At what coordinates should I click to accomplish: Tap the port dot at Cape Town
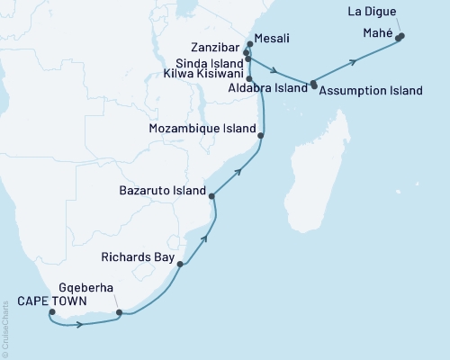52,313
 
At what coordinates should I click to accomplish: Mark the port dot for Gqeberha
119,313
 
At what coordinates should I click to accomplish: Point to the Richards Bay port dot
181,265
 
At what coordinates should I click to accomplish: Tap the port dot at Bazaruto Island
211,196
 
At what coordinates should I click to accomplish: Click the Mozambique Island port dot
261,136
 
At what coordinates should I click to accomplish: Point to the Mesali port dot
249,43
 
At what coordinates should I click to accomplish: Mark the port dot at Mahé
400,37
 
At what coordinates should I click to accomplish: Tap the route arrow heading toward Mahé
356,61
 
